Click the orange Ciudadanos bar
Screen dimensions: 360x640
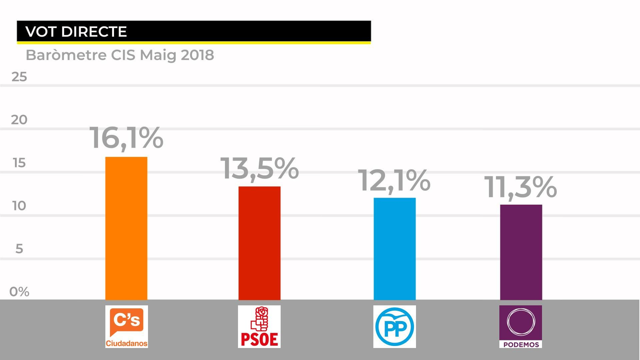126,228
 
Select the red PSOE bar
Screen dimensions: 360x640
259,243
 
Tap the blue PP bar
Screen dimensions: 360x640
394,248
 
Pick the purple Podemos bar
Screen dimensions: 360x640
521,252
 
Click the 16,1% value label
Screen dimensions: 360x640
126,138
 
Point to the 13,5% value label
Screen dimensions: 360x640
259,168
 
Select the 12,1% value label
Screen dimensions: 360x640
394,180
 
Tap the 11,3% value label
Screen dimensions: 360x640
520,187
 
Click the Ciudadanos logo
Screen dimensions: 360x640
126,326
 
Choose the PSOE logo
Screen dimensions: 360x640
259,326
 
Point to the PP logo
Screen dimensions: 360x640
394,326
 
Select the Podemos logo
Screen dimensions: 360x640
520,326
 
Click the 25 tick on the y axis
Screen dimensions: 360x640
19,77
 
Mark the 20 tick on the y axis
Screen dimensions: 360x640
19,120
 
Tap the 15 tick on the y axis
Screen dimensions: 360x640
19,163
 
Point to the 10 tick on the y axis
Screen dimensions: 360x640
19,206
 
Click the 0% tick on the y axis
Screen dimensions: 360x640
19,292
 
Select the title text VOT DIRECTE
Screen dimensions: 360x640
76,32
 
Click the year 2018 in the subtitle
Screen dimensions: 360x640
197,55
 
